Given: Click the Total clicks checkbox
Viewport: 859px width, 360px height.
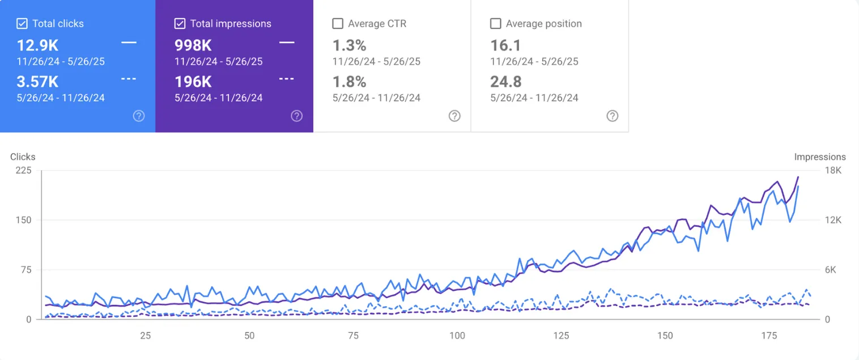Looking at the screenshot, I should (22, 24).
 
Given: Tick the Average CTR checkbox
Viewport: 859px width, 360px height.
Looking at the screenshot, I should (338, 24).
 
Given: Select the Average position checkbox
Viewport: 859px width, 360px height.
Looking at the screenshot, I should (495, 24).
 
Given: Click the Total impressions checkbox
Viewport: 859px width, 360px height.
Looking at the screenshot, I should (180, 24).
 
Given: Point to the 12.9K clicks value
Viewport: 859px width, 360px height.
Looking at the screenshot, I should (37, 45).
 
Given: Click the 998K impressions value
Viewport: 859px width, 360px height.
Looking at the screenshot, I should (193, 45).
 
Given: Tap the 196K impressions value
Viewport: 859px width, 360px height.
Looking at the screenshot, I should (193, 82).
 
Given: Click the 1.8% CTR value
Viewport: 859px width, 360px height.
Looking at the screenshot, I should (349, 82).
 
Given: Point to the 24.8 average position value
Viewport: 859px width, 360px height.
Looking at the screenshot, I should (506, 82).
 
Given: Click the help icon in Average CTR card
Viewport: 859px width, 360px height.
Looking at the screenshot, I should (454, 116).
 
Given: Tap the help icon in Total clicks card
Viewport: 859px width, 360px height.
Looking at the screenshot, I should (138, 116).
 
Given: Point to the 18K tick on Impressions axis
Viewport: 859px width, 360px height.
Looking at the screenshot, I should (832, 171).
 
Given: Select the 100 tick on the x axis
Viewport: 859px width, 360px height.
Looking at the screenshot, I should (457, 336).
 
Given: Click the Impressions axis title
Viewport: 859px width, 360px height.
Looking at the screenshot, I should (819, 157).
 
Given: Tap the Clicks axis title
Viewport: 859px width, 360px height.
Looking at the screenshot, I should (23, 157).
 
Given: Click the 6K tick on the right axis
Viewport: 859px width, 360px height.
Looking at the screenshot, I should (830, 270).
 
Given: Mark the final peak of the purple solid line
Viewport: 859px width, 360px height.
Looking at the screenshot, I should (798, 177).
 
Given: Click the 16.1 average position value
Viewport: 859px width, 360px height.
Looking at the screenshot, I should (505, 45).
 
